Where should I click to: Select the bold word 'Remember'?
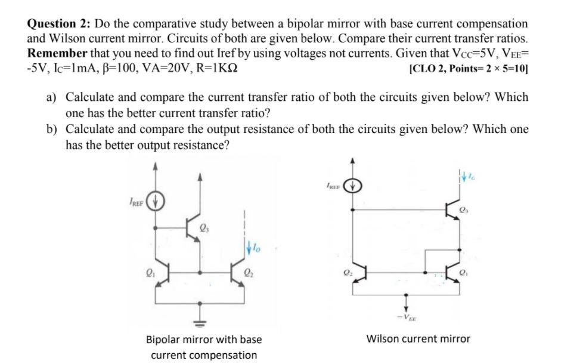(57, 53)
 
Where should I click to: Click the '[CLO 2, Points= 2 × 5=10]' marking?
(469, 67)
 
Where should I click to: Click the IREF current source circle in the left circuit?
(157, 200)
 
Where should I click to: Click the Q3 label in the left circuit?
(204, 227)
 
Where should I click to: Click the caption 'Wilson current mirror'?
(418, 339)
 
